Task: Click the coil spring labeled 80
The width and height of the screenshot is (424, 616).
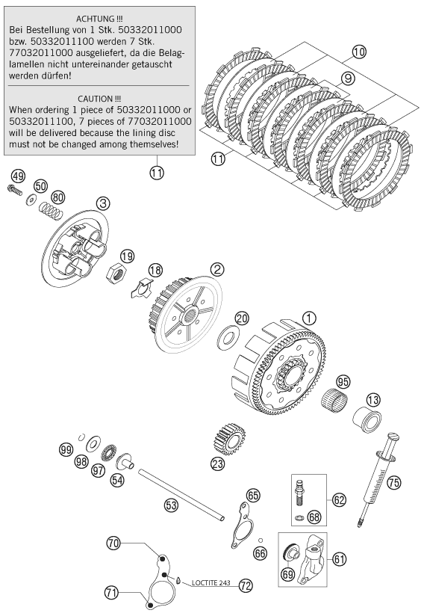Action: click(x=51, y=210)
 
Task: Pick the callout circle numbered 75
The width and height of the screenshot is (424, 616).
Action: click(x=394, y=483)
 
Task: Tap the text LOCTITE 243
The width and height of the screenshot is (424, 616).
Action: click(x=211, y=583)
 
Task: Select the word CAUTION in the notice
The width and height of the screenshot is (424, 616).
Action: click(x=96, y=99)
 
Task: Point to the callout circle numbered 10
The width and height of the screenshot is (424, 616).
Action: click(x=358, y=52)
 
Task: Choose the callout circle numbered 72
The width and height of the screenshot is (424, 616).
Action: click(x=246, y=586)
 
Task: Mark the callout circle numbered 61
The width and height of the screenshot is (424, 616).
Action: click(x=340, y=558)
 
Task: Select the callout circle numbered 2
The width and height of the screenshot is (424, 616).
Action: click(x=217, y=269)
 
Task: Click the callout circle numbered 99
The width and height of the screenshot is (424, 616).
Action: click(x=66, y=449)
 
